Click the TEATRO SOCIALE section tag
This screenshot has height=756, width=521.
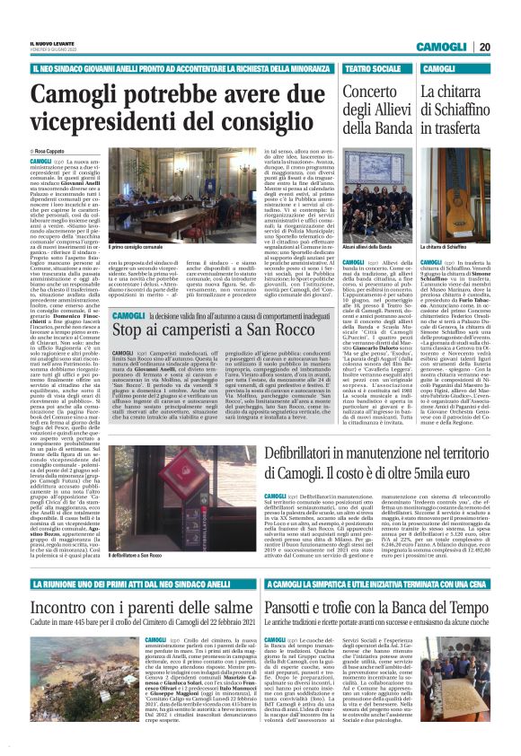371,68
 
